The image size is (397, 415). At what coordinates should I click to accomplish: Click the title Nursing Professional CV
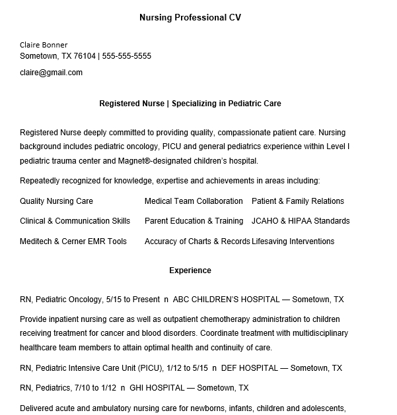[x=190, y=18]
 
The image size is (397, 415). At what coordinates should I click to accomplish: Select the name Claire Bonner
[x=44, y=45]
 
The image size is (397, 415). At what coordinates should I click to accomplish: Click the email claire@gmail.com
[x=52, y=73]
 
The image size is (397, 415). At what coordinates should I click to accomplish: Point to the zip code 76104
[x=85, y=56]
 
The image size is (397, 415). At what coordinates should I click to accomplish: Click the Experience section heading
[x=190, y=271]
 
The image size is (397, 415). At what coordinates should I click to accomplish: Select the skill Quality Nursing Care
[x=56, y=201]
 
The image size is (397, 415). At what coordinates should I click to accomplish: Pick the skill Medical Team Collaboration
[x=194, y=201]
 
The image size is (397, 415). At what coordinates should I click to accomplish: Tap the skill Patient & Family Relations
[x=298, y=201]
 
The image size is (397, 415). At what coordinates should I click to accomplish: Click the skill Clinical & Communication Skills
[x=75, y=221]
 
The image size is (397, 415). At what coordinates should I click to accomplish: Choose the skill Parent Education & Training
[x=194, y=221]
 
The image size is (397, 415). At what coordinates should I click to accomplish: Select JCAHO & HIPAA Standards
[x=301, y=221]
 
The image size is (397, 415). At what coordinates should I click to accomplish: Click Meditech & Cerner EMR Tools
[x=73, y=241]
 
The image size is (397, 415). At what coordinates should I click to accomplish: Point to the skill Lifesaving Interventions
[x=293, y=241]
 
